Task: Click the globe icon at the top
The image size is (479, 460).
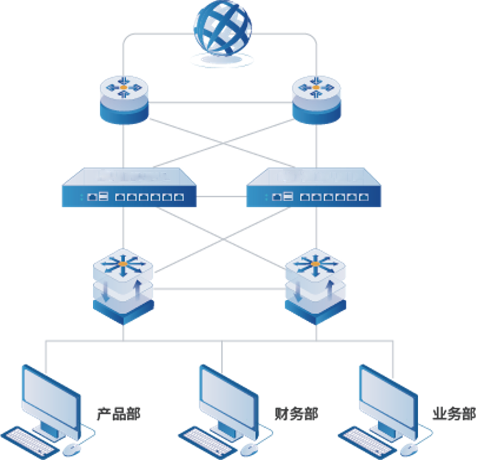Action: [222, 29]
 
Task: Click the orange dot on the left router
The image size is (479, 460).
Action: [123, 88]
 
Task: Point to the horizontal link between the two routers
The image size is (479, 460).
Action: [220, 103]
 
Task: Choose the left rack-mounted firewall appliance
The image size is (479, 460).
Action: [129, 188]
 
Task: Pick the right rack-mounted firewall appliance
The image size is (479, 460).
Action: [314, 188]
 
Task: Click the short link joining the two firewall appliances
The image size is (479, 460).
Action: [221, 197]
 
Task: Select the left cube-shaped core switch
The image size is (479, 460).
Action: [123, 287]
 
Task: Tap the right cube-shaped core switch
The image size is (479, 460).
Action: [316, 287]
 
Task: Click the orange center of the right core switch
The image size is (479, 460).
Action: [315, 264]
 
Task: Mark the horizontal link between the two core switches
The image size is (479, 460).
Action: [219, 288]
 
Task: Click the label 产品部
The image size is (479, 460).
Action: [119, 413]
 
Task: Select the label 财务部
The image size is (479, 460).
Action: [296, 413]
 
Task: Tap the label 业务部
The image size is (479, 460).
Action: [454, 413]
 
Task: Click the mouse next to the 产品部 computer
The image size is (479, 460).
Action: [71, 449]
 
